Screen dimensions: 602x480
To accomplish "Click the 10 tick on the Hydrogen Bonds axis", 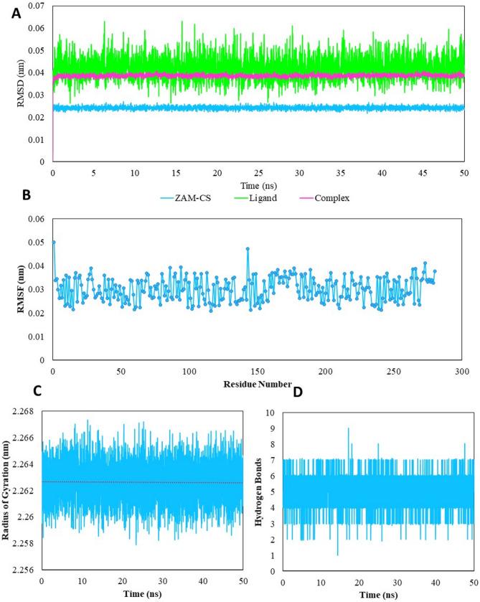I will point(270,413).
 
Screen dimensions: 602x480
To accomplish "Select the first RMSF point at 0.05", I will point(54,243).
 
